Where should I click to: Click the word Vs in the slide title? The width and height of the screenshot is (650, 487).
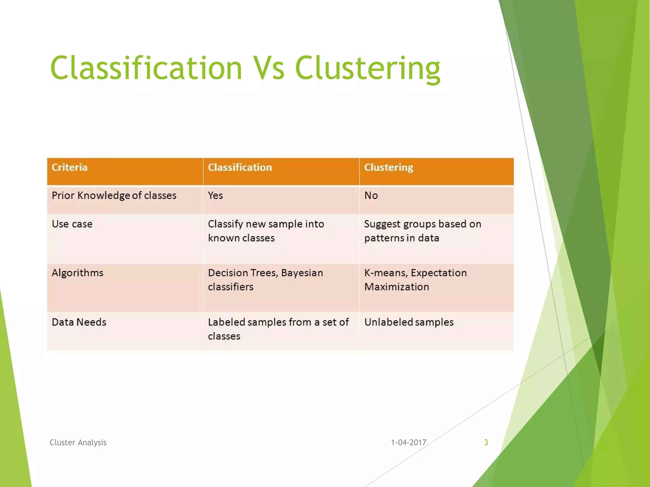269,68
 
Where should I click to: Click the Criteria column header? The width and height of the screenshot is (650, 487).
70,167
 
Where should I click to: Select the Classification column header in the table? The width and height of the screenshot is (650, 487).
240,167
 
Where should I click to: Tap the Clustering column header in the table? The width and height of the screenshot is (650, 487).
388,167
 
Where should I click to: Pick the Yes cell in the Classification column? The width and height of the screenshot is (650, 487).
215,196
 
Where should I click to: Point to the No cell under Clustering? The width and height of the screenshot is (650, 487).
371,196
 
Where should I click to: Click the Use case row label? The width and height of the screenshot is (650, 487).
72,224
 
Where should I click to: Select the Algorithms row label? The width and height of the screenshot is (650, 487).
77,273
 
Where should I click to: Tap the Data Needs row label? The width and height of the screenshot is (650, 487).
79,322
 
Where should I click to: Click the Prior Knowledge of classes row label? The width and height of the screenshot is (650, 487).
114,196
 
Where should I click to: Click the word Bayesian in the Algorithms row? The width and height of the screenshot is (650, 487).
302,273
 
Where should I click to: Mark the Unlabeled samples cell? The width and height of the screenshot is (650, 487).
409,322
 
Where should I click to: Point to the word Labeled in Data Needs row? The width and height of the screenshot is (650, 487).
226,322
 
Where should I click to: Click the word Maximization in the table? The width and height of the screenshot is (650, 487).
396,287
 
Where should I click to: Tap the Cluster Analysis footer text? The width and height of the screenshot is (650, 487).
78,442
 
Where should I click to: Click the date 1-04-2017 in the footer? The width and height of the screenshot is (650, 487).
408,442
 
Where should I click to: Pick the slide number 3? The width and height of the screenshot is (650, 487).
486,442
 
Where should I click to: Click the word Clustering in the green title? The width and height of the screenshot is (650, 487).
368,68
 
